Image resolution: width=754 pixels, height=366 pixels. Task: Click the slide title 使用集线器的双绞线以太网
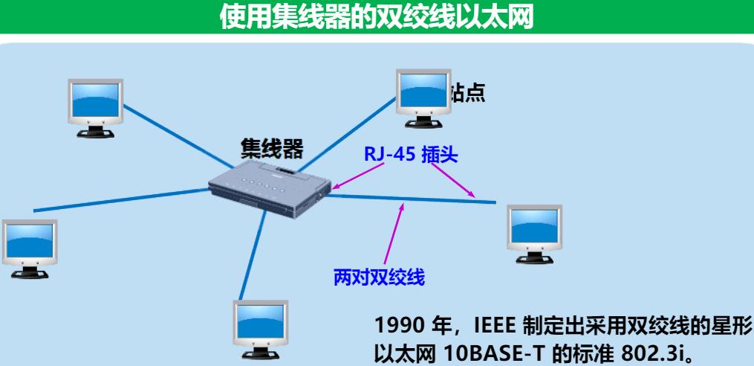click(x=377, y=17)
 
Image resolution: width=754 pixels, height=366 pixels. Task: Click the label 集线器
click(x=272, y=149)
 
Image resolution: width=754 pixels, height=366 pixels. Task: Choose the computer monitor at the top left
click(x=92, y=107)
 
